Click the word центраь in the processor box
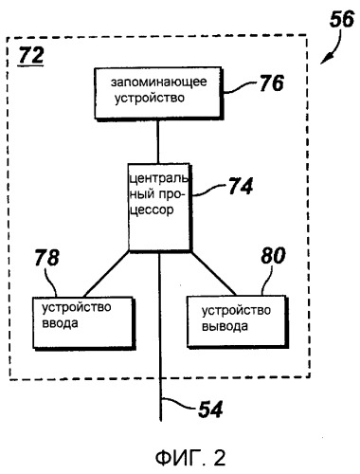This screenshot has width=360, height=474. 156,175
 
